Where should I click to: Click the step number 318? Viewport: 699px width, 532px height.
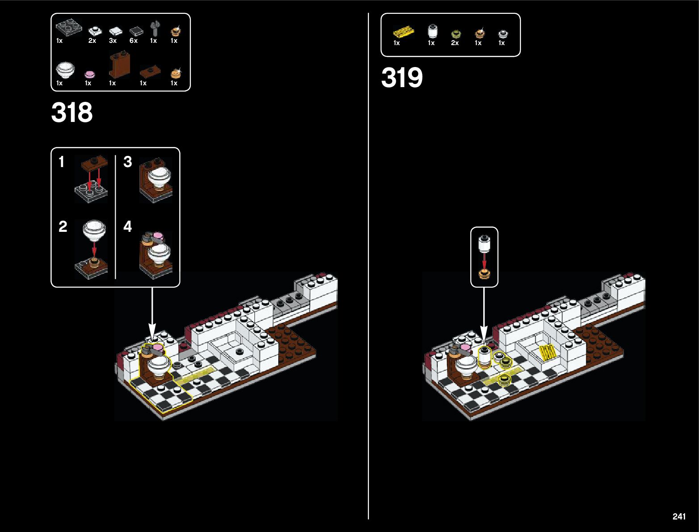(x=72, y=113)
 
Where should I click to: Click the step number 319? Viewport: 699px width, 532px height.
(x=402, y=78)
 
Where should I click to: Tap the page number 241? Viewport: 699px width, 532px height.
(x=678, y=516)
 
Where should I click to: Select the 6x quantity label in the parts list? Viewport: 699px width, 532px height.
(x=134, y=41)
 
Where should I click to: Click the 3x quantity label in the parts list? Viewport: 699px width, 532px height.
(x=113, y=41)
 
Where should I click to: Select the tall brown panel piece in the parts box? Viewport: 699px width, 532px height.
(x=119, y=65)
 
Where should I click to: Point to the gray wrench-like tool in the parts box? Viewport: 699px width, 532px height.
(x=155, y=29)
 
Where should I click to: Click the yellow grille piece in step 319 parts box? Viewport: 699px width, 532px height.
(x=403, y=32)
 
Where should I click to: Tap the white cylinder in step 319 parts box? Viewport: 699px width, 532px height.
(x=432, y=31)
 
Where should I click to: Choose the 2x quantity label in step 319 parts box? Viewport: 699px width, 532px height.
(x=455, y=43)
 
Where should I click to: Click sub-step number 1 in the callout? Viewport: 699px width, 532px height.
(x=62, y=162)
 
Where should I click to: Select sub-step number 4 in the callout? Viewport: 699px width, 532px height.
(x=128, y=226)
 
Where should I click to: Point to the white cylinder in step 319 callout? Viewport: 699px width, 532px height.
(x=484, y=244)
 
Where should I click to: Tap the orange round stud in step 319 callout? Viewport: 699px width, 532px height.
(x=484, y=273)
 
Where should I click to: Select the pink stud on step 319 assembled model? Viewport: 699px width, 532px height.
(x=465, y=348)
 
